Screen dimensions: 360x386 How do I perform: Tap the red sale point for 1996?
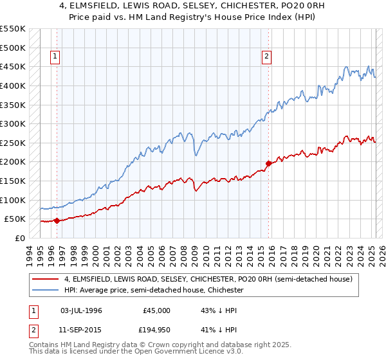tap(57, 221)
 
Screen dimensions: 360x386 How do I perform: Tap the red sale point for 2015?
tap(268, 163)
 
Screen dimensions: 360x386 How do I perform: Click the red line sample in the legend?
tap(44, 280)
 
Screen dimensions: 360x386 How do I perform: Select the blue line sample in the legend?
tap(44, 291)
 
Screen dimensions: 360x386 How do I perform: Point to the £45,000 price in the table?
tap(157, 310)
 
